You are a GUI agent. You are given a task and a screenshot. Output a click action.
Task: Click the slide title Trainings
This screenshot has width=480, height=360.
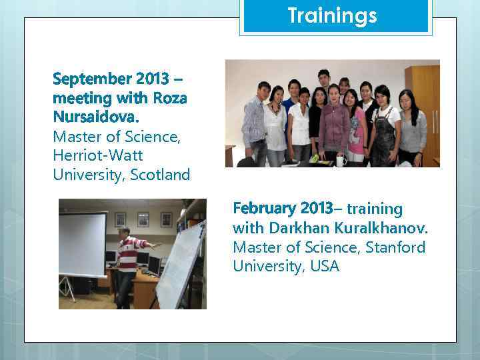(x=332, y=15)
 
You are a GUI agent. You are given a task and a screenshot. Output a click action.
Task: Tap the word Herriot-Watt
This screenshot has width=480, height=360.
(x=97, y=155)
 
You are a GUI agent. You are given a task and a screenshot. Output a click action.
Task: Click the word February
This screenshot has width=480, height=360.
(x=266, y=209)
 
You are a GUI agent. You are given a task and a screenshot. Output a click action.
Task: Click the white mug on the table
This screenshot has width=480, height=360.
(x=341, y=160)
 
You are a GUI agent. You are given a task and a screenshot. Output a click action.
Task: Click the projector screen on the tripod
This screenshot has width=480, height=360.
(x=82, y=243)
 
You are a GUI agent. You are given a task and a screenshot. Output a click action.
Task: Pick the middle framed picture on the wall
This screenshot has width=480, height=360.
(x=143, y=219)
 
